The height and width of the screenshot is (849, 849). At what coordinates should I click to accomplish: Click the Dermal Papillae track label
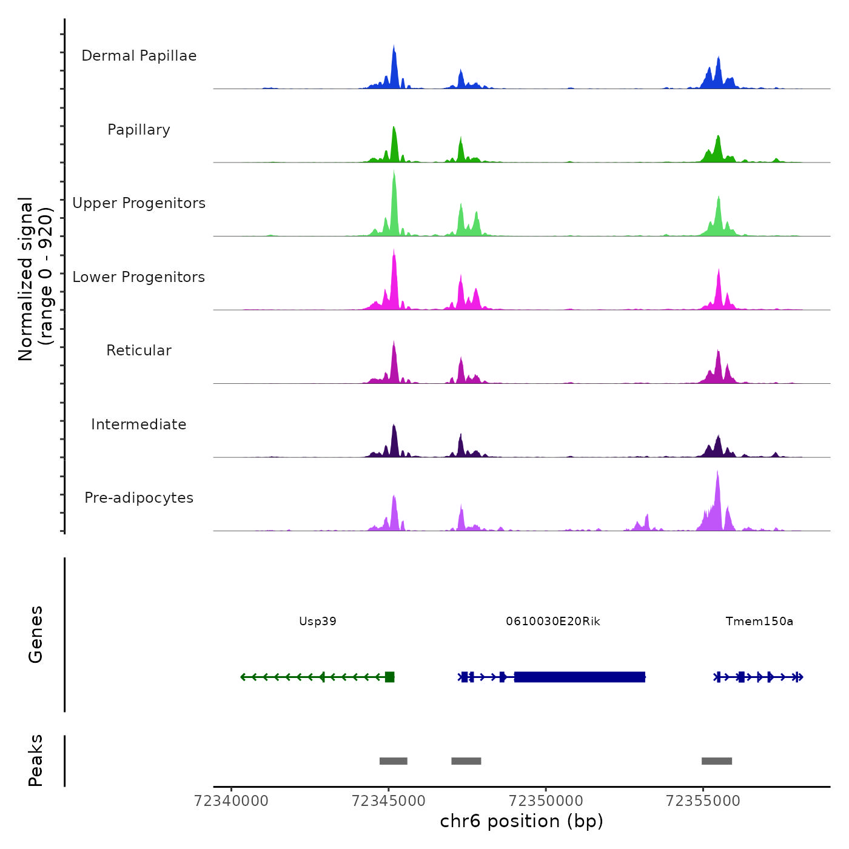coord(139,56)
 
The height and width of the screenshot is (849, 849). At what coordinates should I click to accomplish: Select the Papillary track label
coord(139,130)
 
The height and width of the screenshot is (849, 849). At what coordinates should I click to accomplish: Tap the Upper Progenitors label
coord(139,203)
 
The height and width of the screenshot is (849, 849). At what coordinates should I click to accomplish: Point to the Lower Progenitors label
coord(139,277)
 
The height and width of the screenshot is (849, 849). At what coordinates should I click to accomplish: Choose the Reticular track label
coord(139,351)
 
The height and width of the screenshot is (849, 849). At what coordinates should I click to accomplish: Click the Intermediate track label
coord(139,424)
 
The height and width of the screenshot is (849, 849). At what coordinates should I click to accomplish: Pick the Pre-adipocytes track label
coord(139,498)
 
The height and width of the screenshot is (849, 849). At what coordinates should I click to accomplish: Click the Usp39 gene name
coord(318,622)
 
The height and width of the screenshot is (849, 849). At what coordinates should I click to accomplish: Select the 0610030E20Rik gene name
coord(553,622)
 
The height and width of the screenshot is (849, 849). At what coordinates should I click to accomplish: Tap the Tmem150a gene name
coord(759,622)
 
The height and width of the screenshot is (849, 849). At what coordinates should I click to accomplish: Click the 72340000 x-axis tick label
coord(231,801)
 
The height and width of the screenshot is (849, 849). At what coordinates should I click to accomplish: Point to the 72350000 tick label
coord(546,801)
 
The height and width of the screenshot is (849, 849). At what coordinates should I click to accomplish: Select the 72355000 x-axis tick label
coord(703,801)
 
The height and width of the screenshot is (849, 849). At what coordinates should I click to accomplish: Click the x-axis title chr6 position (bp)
coord(522,822)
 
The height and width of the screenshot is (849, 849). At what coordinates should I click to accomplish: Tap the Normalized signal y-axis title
coord(35,278)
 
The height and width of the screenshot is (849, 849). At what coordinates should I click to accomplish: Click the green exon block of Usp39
coord(390,677)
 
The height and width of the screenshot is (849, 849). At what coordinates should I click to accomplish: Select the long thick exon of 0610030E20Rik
coord(580,677)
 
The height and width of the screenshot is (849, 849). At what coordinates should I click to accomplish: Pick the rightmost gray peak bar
coord(717,761)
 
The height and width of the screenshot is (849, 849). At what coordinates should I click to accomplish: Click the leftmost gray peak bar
coord(394,761)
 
